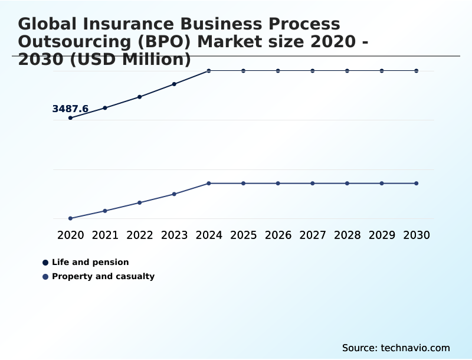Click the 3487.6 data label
70,109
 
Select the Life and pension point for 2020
70,118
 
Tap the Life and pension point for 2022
140,97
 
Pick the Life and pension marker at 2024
209,71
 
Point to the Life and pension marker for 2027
313,71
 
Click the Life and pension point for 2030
417,71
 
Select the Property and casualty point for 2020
70,218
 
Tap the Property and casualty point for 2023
174,194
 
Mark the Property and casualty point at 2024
209,184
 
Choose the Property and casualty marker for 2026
278,184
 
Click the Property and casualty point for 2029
382,184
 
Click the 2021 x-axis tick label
105,235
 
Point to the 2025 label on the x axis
243,235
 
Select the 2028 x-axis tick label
347,235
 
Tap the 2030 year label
417,235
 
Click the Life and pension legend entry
90,262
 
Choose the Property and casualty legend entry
103,276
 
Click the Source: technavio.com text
396,348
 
